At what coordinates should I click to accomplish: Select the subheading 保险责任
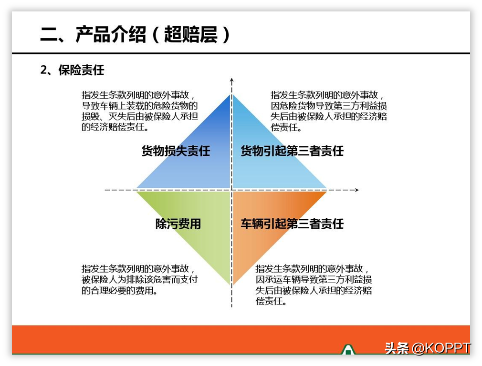coord(82,70)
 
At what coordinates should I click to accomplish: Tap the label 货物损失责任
coord(176,151)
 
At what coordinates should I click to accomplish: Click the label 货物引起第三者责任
coord(292,151)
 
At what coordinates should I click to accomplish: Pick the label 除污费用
coord(178,224)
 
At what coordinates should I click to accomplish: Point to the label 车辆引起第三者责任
coord(292,224)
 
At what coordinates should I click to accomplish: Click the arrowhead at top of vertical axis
coord(232,81)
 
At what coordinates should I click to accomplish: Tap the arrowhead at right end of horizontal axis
coord(356,190)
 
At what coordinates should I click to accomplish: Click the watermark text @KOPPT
coord(441,348)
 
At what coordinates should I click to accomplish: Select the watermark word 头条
coord(397,348)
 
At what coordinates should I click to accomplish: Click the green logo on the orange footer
coord(348,349)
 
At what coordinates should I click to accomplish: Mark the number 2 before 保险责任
coord(43,70)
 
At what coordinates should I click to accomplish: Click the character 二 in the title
coord(49,34)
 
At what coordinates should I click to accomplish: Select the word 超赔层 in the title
coord(190,34)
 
